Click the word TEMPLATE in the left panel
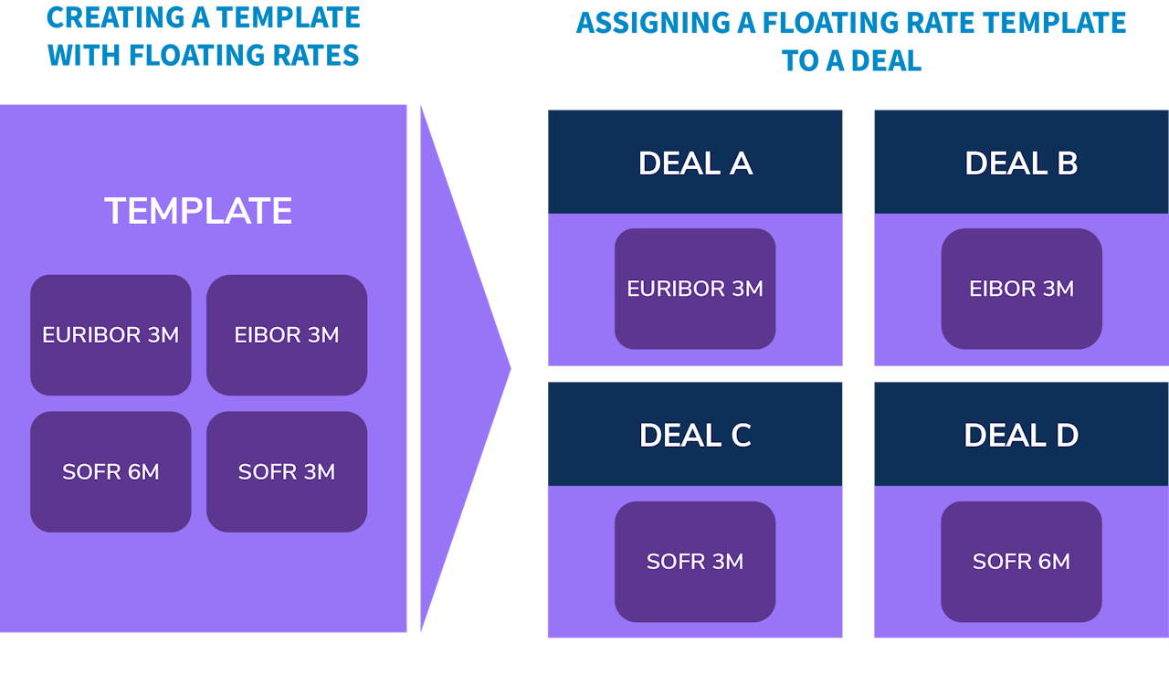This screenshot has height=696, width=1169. click(x=198, y=211)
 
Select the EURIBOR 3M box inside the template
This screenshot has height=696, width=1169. click(x=111, y=335)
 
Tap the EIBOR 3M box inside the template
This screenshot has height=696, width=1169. click(x=287, y=335)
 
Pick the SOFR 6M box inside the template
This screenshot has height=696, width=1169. click(x=111, y=471)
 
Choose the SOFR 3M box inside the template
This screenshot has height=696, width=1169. click(x=287, y=471)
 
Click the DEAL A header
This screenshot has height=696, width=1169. click(x=695, y=163)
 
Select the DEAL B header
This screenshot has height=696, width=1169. click(x=1021, y=163)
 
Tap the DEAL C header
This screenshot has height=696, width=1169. click(x=695, y=435)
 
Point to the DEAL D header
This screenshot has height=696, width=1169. click(x=1021, y=435)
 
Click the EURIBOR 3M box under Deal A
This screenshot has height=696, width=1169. click(x=695, y=289)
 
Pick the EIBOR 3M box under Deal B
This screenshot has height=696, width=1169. click(x=1021, y=289)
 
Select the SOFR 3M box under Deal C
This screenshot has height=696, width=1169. click(x=695, y=561)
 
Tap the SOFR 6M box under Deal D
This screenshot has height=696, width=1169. click(x=1021, y=561)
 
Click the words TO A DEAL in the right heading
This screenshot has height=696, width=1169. click(x=851, y=60)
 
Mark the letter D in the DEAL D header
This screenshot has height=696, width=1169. click(x=1068, y=435)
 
